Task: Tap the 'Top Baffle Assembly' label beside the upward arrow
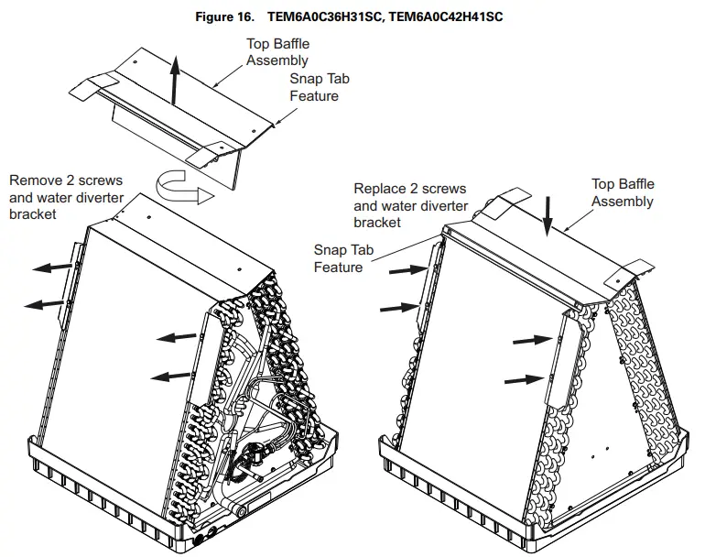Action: (277, 52)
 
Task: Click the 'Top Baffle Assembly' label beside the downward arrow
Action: (622, 192)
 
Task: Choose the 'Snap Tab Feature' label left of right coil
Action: (338, 257)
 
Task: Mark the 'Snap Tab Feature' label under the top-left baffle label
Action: (314, 87)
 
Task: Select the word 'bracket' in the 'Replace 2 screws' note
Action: (377, 223)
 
